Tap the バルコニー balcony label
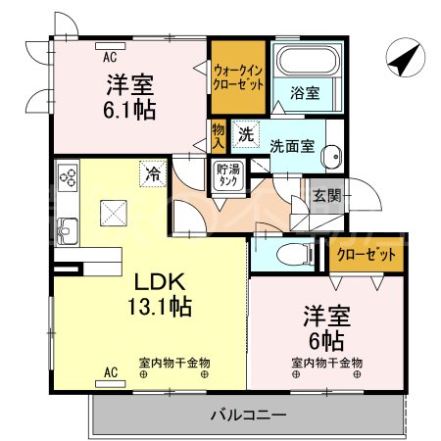click(x=248, y=415)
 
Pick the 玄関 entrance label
click(x=326, y=196)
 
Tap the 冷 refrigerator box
click(x=153, y=173)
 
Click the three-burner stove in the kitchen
click(x=69, y=179)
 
